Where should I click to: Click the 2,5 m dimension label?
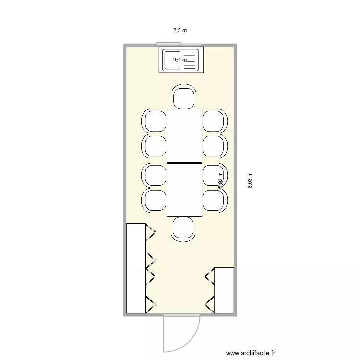pos(180,30)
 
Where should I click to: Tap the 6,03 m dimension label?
pos(250,180)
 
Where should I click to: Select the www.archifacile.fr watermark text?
pos(251,353)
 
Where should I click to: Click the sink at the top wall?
pos(181,60)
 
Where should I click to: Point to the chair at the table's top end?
pos(184,97)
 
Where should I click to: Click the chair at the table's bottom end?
pos(183,228)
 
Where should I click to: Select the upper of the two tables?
pos(184,135)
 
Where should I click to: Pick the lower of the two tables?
pos(184,190)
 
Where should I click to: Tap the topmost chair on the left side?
pos(155,121)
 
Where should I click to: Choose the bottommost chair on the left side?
pos(155,200)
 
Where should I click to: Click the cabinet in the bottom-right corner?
pos(224,290)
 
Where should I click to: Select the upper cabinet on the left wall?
pos(136,246)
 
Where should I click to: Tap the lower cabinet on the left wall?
pos(136,291)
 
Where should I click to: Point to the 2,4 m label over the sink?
pos(180,60)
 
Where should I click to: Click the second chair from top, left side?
pos(155,146)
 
